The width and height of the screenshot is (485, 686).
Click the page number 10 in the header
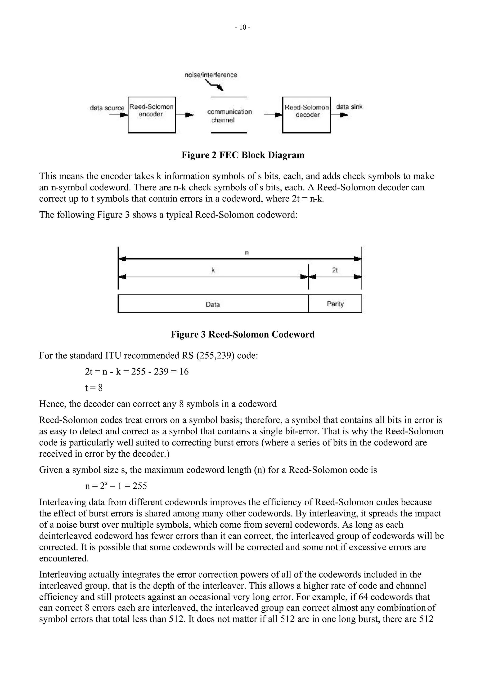click(x=242, y=27)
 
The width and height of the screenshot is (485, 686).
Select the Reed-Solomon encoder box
click(x=152, y=115)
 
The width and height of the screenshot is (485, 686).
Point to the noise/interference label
click(x=211, y=75)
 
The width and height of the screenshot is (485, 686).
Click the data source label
click(x=107, y=108)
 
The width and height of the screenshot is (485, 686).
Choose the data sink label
click(x=349, y=107)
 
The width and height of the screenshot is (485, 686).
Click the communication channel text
click(x=229, y=116)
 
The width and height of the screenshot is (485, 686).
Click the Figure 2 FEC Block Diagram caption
click(x=243, y=155)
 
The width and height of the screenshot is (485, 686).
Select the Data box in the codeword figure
click(x=213, y=304)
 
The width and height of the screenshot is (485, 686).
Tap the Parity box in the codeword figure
click(x=335, y=304)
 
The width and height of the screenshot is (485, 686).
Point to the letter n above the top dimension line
click(x=247, y=253)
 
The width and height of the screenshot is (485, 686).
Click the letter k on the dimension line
click(x=213, y=270)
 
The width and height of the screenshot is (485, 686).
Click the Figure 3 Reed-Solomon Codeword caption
click(x=243, y=334)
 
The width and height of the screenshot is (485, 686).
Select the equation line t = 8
click(x=94, y=388)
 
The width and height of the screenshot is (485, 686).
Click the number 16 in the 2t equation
click(x=184, y=372)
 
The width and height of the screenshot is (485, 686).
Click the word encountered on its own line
click(x=64, y=558)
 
